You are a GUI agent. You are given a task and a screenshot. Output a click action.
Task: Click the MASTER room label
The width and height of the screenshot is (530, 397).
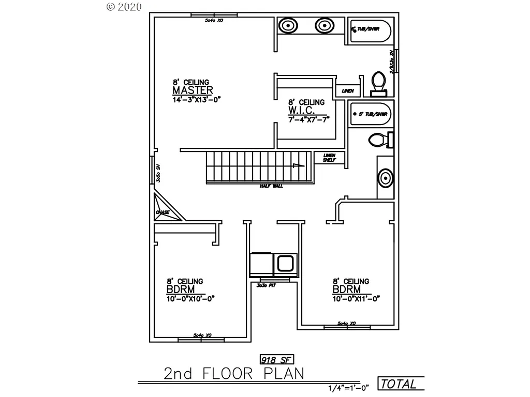click(x=193, y=90)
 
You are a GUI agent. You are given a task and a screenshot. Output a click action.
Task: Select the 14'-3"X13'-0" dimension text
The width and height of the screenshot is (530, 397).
click(x=197, y=100)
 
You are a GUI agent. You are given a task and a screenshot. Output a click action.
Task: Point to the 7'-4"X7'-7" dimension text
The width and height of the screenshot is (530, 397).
click(x=309, y=120)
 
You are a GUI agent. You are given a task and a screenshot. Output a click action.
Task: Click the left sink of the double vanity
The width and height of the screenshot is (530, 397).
click(x=287, y=25)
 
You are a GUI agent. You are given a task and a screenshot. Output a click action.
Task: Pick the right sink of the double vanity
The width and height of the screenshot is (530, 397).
click(x=323, y=25)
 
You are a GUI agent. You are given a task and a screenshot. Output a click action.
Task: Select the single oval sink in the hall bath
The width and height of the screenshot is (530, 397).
click(x=385, y=179)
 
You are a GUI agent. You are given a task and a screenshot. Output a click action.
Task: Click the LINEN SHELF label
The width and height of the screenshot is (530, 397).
click(x=329, y=158)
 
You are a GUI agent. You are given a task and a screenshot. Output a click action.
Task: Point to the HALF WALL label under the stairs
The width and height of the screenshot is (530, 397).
click(x=271, y=186)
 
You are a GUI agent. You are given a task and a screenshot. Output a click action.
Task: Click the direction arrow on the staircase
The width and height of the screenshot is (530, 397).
click(x=296, y=166)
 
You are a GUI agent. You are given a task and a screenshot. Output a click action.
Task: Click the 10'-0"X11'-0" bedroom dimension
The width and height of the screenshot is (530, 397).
click(x=357, y=298)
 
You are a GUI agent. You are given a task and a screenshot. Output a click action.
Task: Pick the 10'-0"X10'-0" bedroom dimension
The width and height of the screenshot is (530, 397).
click(x=190, y=298)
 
